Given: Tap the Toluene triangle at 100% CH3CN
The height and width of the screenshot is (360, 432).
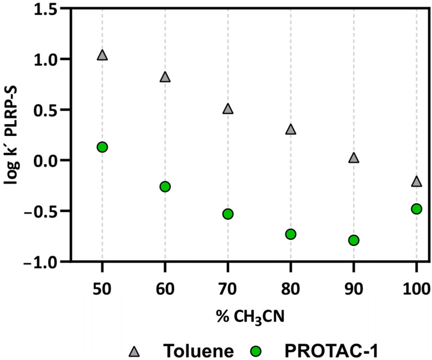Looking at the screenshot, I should [416, 182].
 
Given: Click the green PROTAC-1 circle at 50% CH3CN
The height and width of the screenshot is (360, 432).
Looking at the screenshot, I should [102, 147].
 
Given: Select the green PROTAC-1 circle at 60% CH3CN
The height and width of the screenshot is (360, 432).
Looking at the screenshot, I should [165, 187].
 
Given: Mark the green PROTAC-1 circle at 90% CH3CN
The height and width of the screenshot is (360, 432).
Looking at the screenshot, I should [354, 240].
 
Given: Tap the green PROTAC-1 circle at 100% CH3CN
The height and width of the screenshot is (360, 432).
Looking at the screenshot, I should [416, 209].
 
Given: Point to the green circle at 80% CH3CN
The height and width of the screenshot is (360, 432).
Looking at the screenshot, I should [291, 234].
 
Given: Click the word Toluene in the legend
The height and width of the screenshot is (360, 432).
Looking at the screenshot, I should [198, 351].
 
